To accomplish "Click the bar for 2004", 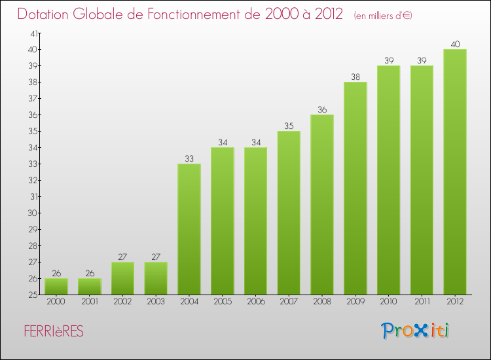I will tap(189, 229).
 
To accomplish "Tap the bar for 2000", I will tap(56, 287).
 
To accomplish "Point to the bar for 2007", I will tap(289, 213).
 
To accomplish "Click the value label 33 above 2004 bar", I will tap(189, 158).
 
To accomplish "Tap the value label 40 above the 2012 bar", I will tap(455, 45).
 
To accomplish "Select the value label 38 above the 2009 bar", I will tap(355, 77).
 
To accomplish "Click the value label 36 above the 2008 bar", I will tap(322, 109).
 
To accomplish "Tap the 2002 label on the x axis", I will tap(122, 302).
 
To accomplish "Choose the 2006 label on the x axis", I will tap(255, 302).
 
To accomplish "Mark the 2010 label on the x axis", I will tap(388, 302).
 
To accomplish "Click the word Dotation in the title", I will tap(48, 14).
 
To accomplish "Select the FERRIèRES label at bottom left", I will tap(53, 332).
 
